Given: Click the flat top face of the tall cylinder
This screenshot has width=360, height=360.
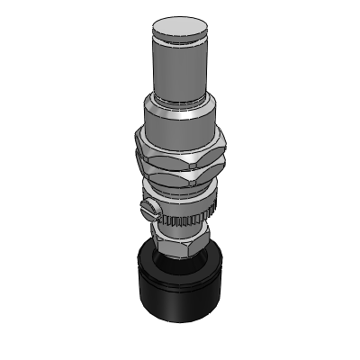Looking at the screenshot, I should coord(182,27).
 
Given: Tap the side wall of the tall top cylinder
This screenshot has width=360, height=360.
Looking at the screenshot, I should coord(181,67).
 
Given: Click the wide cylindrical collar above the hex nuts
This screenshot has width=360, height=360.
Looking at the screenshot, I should coord(181,121).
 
